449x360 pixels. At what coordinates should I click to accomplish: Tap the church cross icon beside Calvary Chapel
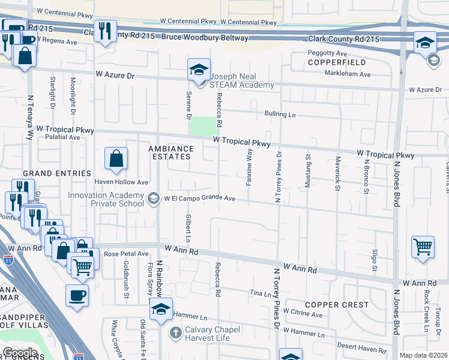[175, 332]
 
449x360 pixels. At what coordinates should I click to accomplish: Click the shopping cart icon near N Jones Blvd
[423, 246]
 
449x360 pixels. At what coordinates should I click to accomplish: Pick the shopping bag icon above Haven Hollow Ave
[116, 159]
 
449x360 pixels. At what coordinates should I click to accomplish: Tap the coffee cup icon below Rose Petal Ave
[77, 296]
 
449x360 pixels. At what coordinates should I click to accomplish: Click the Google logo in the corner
[20, 353]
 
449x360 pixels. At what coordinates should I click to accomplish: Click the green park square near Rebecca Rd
[202, 126]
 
